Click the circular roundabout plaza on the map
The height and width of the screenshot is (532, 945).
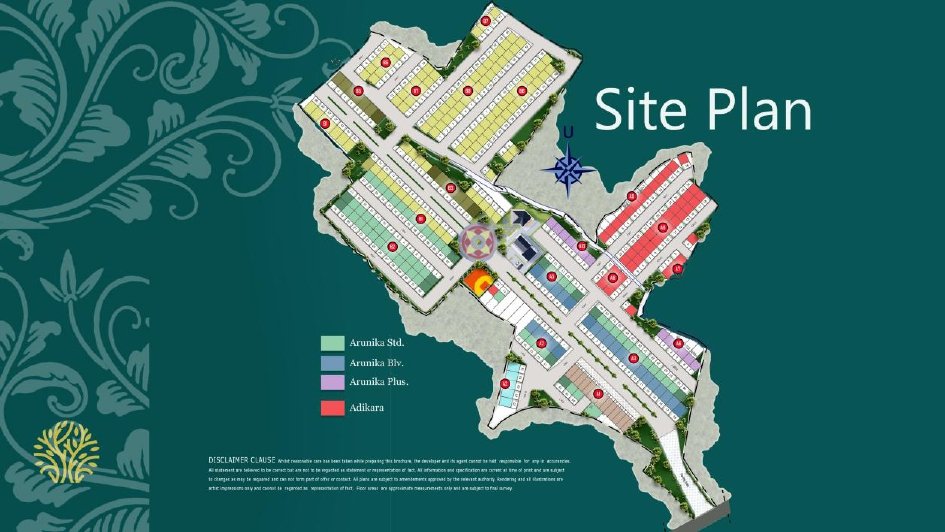point(479,241)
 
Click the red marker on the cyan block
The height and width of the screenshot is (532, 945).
point(506,382)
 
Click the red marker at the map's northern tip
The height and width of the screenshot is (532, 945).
point(486,20)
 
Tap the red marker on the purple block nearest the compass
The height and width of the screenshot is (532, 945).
point(582,245)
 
